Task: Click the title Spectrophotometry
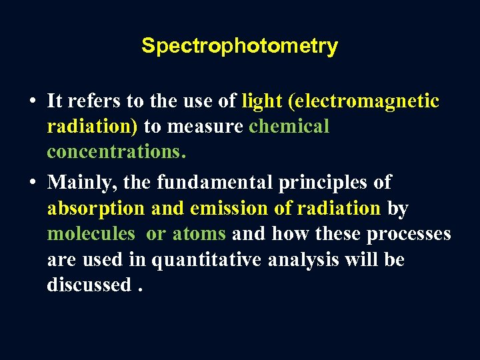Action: pyautogui.click(x=239, y=46)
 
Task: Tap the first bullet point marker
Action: pyautogui.click(x=32, y=101)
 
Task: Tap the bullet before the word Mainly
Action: pyautogui.click(x=32, y=182)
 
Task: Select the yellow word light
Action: pyautogui.click(x=262, y=101)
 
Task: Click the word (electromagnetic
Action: pyautogui.click(x=363, y=101)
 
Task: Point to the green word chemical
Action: pyautogui.click(x=289, y=126)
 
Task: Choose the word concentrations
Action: pyautogui.click(x=116, y=151)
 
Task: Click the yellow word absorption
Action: pyautogui.click(x=96, y=208)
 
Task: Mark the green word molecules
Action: pyautogui.click(x=91, y=234)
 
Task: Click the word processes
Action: pyautogui.click(x=408, y=234)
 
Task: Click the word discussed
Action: pyautogui.click(x=89, y=285)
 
